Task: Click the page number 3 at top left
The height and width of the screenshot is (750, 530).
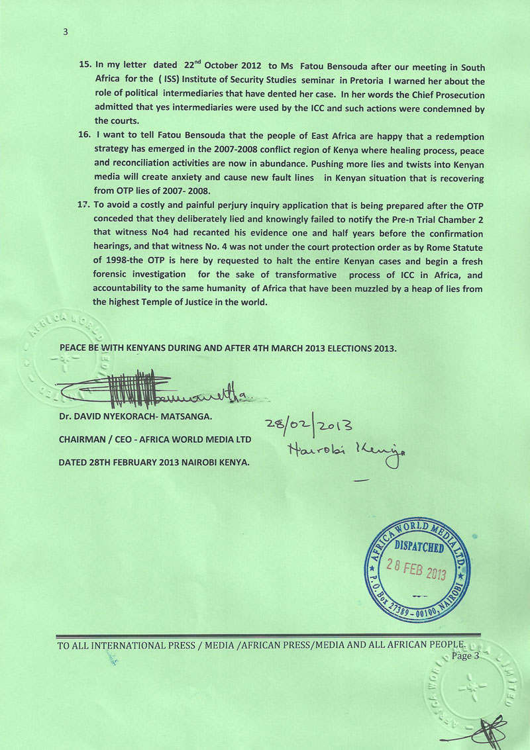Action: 66,31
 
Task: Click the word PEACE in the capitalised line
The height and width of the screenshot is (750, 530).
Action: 74,348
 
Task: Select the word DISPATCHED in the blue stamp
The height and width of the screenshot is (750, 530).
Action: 420,547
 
